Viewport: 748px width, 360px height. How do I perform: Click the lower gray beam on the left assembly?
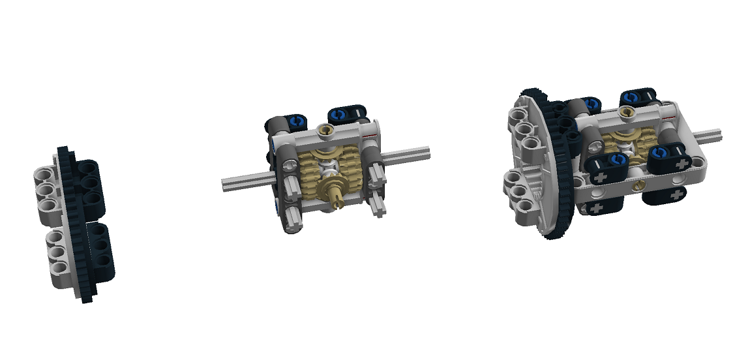pyautogui.click(x=59, y=254)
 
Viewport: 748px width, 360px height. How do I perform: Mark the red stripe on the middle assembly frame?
pyautogui.click(x=372, y=135)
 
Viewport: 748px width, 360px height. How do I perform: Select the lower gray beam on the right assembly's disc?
pyautogui.click(x=522, y=196)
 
